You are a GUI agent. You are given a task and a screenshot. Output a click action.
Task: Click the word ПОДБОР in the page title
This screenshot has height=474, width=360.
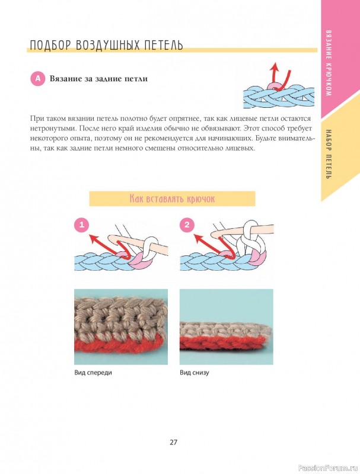[51, 45]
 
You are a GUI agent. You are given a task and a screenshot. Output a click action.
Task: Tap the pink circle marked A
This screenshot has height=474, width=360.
[37, 79]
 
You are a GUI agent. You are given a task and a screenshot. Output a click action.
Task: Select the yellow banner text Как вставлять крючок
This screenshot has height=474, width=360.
[172, 198]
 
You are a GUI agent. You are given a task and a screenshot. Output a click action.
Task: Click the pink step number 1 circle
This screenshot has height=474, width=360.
[82, 225]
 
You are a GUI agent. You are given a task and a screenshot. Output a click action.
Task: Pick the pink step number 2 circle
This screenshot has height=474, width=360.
[187, 225]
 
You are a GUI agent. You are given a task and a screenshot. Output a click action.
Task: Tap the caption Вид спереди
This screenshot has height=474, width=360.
[93, 373]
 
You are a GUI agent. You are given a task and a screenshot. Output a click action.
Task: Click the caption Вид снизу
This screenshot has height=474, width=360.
[194, 373]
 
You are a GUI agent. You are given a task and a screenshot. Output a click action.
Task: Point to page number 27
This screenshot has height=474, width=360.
[173, 442]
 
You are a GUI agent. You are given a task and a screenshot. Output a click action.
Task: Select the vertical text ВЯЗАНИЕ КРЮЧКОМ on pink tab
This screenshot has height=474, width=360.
[329, 63]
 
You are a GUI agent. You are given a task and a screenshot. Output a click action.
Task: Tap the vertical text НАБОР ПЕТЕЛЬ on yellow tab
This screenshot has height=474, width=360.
[329, 154]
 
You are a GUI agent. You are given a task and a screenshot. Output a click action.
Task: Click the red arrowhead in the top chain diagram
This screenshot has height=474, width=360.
[274, 66]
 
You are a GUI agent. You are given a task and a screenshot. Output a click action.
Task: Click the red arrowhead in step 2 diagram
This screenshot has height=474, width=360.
[199, 238]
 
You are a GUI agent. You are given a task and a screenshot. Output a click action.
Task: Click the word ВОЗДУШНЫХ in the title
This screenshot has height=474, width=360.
[107, 45]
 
